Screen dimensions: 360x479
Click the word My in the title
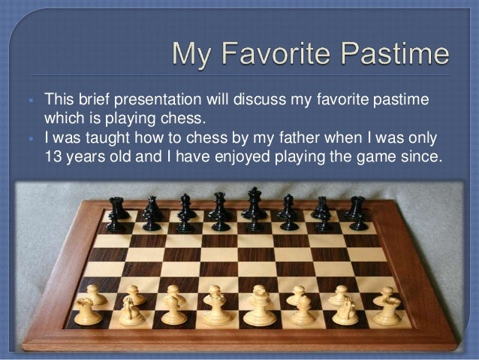(192, 55)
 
